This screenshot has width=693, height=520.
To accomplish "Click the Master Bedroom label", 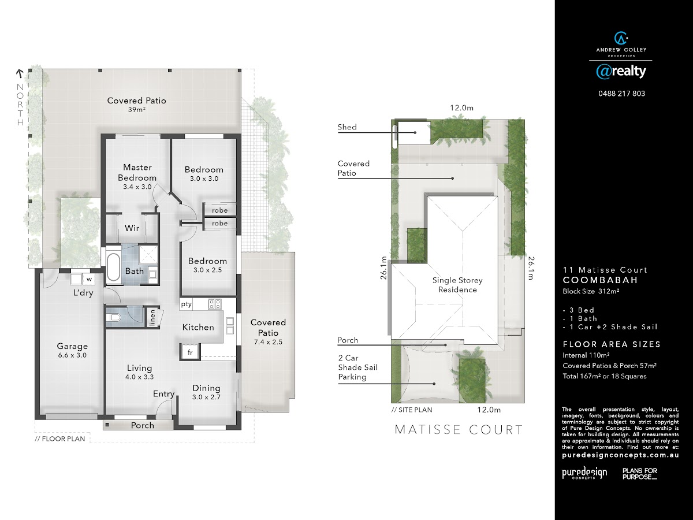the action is point(137,172).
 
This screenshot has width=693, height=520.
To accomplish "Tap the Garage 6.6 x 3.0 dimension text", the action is point(72,355).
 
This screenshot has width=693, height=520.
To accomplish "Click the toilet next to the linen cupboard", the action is point(113,317).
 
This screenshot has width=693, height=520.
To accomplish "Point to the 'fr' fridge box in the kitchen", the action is point(190,352).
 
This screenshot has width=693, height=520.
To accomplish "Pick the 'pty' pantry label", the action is point(186,304).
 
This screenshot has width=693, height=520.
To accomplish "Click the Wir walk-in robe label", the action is point(132,228).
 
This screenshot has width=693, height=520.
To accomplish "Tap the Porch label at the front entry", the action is point(143,425).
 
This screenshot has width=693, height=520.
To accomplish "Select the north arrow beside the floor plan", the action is point(20,74).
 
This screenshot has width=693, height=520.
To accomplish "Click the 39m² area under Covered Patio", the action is point(137,110).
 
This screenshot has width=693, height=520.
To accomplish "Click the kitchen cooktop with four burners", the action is point(215,304).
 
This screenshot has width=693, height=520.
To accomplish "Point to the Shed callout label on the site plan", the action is point(347,127).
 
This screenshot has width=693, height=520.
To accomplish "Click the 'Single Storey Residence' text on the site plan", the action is point(457,285).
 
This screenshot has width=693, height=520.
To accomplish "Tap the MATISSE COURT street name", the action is point(459,430).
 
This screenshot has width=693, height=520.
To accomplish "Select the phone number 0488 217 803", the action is point(621,94).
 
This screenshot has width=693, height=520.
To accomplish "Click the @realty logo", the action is point(621,72).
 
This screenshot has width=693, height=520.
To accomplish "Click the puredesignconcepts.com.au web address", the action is point(620,455).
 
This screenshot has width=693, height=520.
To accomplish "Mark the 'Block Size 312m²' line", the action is point(591,291).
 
